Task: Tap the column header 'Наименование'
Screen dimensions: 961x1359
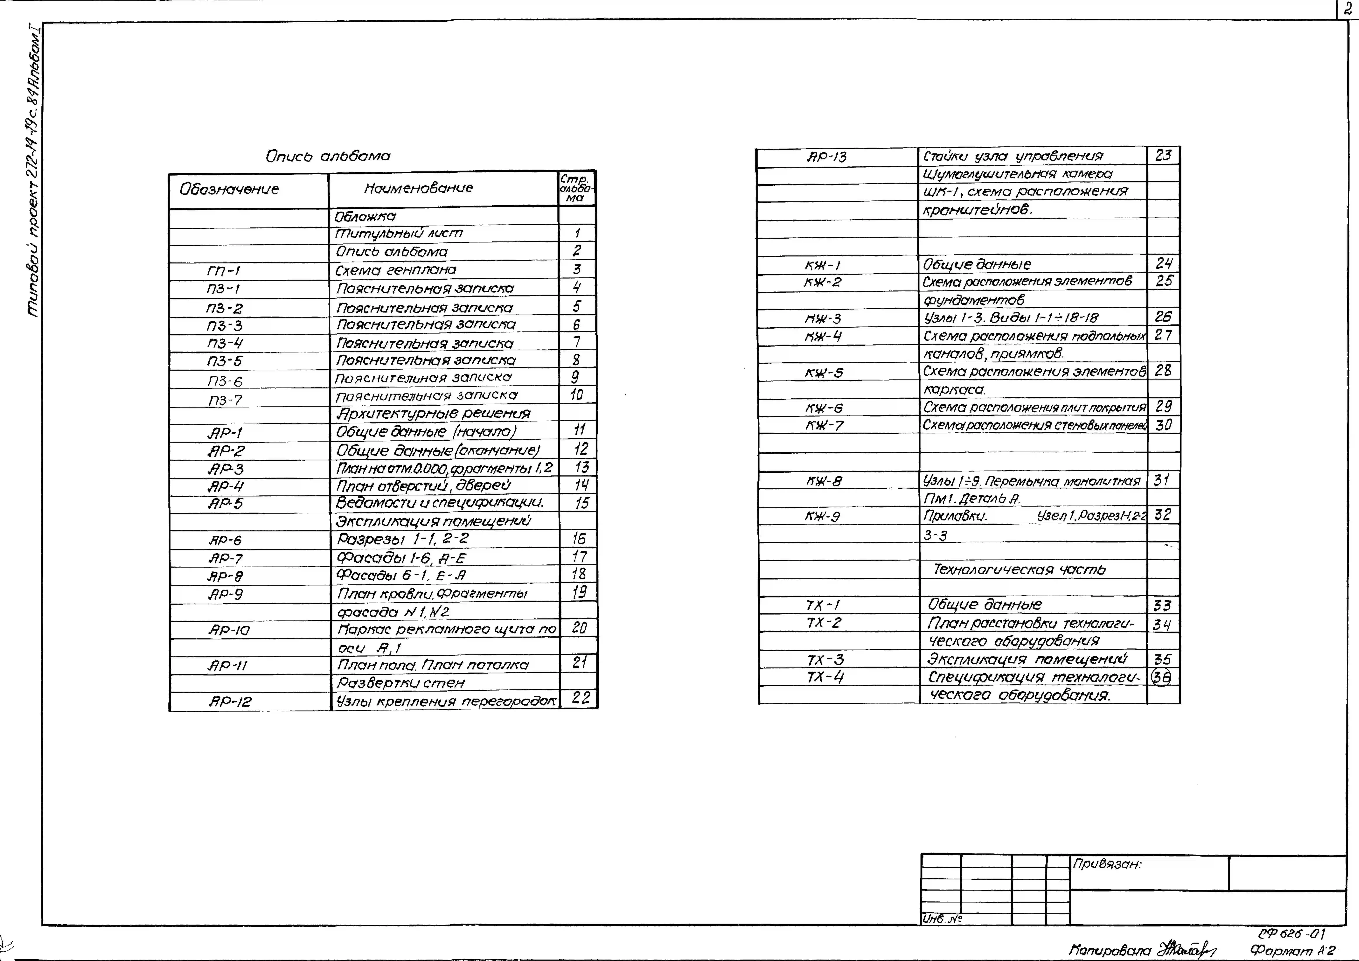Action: [419, 188]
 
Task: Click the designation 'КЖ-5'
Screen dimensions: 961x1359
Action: [824, 373]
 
